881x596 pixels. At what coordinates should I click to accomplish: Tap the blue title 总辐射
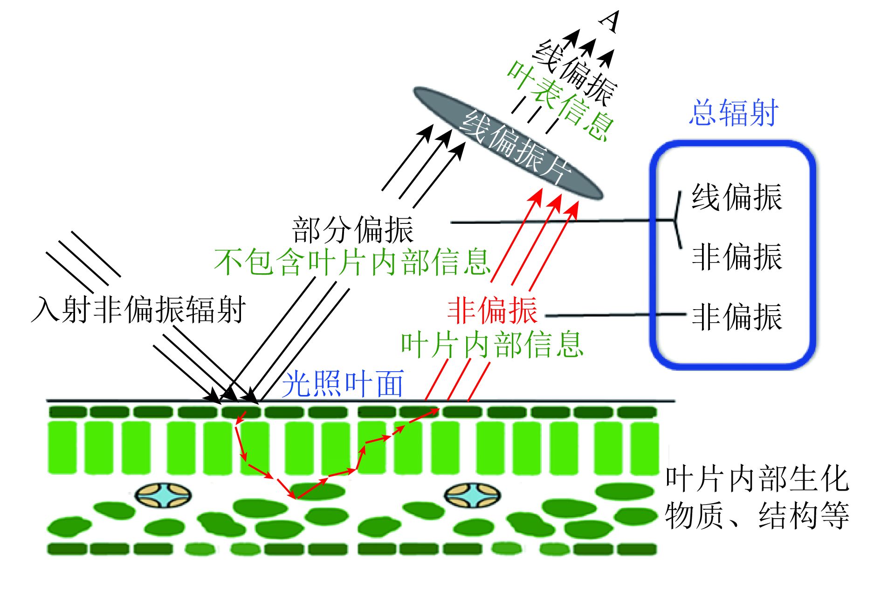[734, 113]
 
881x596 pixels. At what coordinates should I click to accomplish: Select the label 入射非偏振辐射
[138, 309]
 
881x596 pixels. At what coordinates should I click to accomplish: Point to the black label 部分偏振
[353, 229]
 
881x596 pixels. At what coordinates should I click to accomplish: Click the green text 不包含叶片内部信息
[352, 262]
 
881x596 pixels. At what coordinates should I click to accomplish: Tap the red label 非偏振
[492, 311]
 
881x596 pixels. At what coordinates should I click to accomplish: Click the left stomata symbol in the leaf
[163, 495]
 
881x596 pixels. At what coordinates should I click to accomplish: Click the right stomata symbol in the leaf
[472, 495]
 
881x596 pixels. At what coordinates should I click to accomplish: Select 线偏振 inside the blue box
[736, 197]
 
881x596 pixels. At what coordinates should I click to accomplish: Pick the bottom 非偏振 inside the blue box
[736, 317]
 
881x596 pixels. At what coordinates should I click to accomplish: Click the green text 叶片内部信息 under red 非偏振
[492, 345]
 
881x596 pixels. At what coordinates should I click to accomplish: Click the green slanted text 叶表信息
[559, 100]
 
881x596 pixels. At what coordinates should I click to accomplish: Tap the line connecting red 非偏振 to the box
[615, 315]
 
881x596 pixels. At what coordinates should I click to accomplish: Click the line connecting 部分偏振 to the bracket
[559, 222]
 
